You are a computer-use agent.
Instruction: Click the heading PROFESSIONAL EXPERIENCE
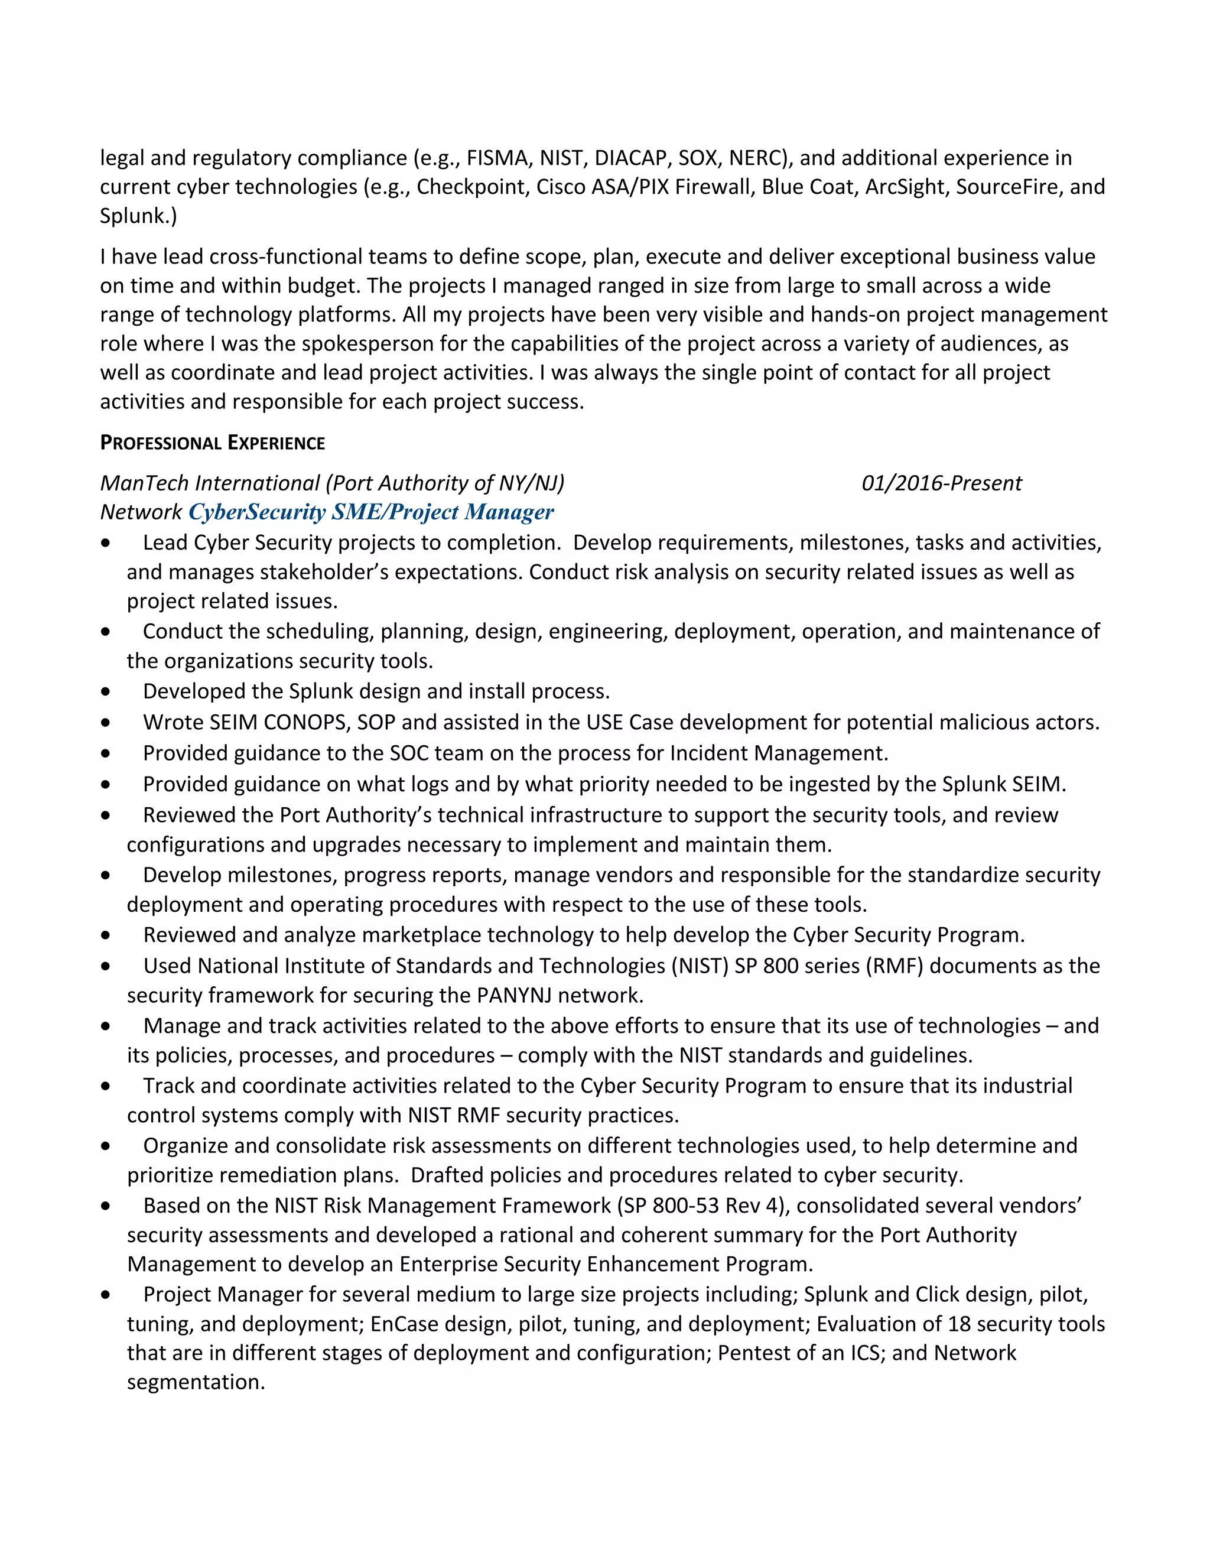tap(212, 443)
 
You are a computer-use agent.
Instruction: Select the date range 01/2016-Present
tap(941, 483)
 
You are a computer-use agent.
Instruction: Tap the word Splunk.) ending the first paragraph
tap(138, 216)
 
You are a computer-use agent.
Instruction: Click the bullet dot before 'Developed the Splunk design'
tap(106, 692)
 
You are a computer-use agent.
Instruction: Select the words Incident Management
tap(779, 753)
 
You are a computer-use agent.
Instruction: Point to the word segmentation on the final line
tap(196, 1382)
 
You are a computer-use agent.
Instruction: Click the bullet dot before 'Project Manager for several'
tap(106, 1295)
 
